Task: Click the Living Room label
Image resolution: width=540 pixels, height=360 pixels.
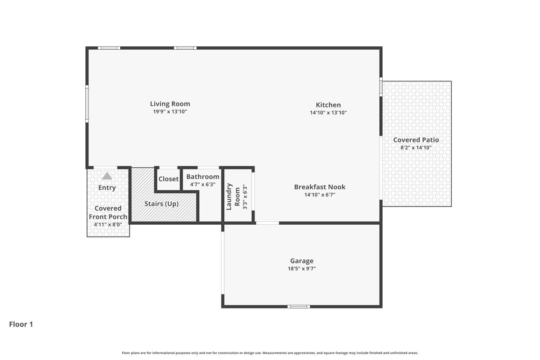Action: tap(170, 104)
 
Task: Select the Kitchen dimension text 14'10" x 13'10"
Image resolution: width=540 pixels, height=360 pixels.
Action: tap(328, 113)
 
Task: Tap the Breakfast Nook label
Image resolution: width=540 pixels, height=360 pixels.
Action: tap(320, 187)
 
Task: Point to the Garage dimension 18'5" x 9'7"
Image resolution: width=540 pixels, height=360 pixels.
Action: tap(302, 269)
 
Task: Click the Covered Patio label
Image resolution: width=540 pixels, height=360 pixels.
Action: tap(416, 140)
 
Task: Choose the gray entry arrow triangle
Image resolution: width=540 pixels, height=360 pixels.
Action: tap(107, 176)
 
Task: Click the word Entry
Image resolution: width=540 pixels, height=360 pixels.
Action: tap(107, 188)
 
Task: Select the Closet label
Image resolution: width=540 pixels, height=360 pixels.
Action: tap(168, 179)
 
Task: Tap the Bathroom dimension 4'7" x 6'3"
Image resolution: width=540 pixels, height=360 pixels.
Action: tap(203, 184)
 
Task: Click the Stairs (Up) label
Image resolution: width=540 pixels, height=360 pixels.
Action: tap(161, 204)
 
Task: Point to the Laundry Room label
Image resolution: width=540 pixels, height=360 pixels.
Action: tap(233, 197)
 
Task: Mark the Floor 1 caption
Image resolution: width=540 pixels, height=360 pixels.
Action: tap(21, 324)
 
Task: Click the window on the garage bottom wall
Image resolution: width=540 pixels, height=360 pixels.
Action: tap(298, 307)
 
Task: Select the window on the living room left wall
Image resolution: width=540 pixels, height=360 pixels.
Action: tap(87, 104)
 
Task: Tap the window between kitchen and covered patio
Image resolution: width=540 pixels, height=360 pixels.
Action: tap(381, 87)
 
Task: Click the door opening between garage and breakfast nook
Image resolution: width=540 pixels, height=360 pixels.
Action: tap(267, 223)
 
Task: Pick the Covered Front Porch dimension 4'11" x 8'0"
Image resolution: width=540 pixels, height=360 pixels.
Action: tap(108, 225)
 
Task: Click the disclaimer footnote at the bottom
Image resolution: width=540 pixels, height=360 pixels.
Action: tap(270, 353)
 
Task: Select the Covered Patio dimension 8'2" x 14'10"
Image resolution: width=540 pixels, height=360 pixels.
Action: tap(416, 148)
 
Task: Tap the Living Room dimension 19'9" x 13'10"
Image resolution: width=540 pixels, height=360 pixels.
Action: tap(170, 112)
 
